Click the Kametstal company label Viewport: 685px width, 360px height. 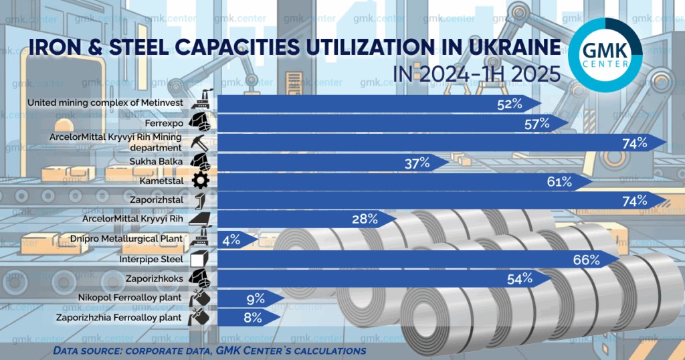click(161, 181)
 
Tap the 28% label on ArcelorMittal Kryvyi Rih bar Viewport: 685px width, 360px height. click(365, 219)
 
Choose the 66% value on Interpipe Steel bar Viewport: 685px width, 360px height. click(586, 260)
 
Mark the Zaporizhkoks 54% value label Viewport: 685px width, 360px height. click(519, 279)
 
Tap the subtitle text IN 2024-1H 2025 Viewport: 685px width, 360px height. click(477, 73)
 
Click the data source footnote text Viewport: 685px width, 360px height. click(209, 351)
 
